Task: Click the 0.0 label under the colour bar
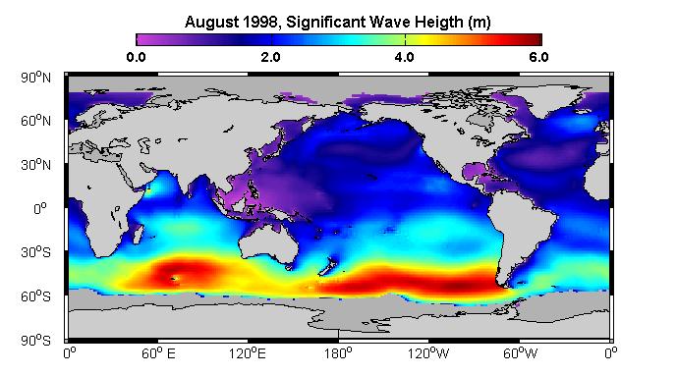pos(136,57)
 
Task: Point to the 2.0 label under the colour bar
pos(271,57)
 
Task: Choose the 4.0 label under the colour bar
pos(405,57)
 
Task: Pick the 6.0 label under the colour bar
pos(539,57)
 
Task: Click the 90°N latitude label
pos(35,78)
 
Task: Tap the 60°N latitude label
pos(35,121)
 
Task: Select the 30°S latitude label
pos(35,252)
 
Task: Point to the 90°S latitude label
pos(35,341)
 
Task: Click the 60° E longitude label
pos(158,353)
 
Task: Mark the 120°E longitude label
pos(248,353)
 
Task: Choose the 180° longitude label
pos(338,353)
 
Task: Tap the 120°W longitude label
pos(428,353)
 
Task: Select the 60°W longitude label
pos(520,353)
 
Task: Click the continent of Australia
pos(268,242)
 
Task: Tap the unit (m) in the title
pos(480,22)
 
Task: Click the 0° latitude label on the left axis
pos(39,209)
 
